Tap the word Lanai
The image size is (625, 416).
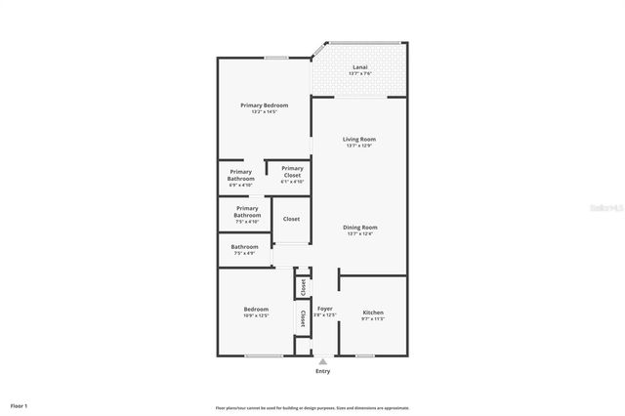point(359,67)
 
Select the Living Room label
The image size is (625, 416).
point(359,139)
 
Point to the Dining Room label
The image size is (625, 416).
point(360,227)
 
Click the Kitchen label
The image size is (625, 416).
point(373,312)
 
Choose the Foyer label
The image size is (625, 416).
point(324,310)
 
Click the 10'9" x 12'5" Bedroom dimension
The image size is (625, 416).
point(256,315)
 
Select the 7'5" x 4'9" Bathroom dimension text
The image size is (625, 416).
point(244,253)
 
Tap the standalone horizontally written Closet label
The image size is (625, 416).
point(291,219)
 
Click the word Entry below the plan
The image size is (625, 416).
point(322,371)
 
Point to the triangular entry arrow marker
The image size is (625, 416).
point(322,361)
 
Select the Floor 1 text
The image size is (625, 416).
point(19,405)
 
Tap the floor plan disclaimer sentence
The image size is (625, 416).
point(312,407)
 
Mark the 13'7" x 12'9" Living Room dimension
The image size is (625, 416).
point(359,146)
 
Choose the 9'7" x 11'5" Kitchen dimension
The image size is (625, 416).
point(373,319)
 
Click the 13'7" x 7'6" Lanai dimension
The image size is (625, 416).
point(359,74)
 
